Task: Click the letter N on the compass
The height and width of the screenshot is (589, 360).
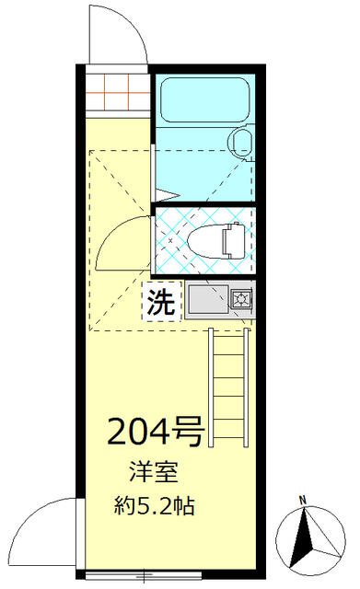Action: click(302, 501)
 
